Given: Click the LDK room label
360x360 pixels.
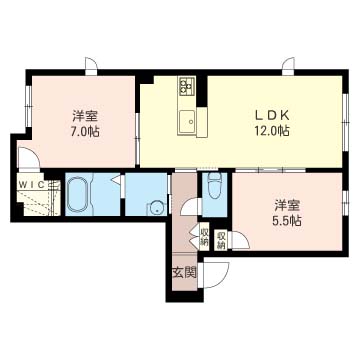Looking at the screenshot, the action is [x=271, y=115].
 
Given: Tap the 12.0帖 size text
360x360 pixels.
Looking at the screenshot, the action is [x=271, y=130].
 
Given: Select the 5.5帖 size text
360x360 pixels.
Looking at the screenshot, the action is [x=287, y=220].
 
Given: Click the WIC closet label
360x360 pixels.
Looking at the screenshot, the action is [x=32, y=185].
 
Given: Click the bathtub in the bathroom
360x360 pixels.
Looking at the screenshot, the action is [x=78, y=194].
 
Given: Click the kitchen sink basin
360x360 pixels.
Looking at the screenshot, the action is [x=188, y=122].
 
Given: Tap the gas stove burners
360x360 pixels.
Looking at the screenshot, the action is [x=187, y=85].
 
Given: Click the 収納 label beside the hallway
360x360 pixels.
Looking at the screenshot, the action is [x=204, y=236].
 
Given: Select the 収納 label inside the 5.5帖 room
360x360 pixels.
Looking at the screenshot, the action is [x=220, y=240].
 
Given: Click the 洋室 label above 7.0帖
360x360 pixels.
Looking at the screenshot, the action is [x=85, y=116].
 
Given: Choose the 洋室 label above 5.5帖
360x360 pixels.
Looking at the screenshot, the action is [x=287, y=205].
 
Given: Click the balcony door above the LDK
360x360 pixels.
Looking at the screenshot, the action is [x=289, y=66].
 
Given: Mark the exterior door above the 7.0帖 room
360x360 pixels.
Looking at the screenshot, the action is [x=91, y=66].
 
